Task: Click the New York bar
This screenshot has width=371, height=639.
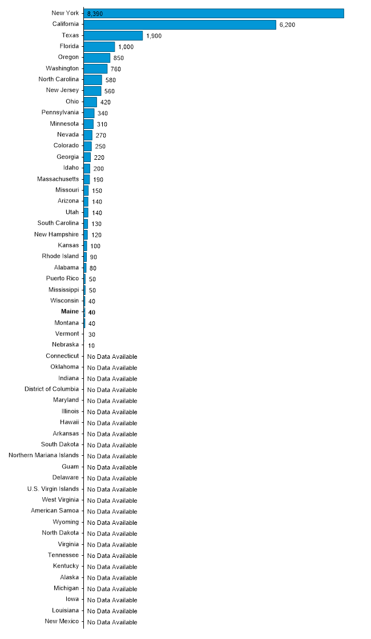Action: (213, 14)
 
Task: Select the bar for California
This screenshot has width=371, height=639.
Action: (180, 25)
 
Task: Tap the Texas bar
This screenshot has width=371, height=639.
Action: (114, 36)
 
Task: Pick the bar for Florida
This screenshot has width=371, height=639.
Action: (99, 47)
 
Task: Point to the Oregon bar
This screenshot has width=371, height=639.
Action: (97, 58)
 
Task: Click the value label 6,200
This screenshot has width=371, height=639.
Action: (288, 25)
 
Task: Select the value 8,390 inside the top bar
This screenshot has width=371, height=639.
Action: (95, 14)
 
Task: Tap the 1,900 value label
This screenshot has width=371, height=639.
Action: (154, 36)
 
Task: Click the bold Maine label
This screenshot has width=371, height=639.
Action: (70, 312)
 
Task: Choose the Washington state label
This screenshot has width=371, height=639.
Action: (62, 68)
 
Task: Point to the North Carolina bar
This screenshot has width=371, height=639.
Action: (93, 80)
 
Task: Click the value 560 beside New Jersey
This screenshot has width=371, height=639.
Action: (110, 91)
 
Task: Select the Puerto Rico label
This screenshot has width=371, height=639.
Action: (62, 278)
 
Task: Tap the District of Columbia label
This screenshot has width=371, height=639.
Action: (52, 389)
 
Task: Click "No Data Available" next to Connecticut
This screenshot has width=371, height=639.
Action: (112, 357)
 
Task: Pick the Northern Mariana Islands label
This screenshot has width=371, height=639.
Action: (43, 455)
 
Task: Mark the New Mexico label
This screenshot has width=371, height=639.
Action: (62, 621)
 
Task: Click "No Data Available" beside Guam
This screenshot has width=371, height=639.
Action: (112, 467)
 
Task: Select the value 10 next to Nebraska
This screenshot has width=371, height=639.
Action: (91, 346)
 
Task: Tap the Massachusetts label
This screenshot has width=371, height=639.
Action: (58, 179)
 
